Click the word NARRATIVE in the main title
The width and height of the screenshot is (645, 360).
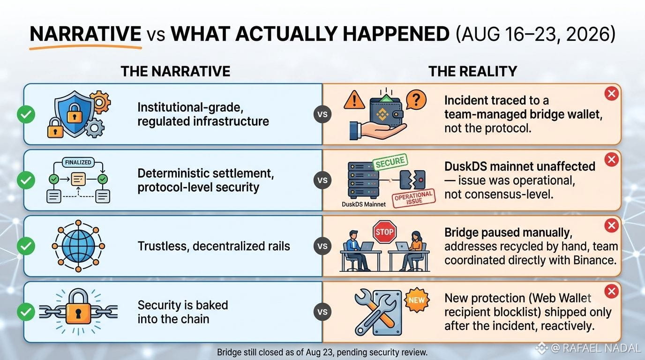click(85, 34)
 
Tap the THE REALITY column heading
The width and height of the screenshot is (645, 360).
click(472, 71)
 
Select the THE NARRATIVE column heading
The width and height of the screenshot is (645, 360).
click(175, 71)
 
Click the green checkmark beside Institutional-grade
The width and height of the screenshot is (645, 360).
click(26, 114)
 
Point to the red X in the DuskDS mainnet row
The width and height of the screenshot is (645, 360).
click(612, 159)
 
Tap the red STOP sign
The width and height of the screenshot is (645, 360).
click(384, 232)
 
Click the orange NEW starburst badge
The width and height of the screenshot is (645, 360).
click(417, 300)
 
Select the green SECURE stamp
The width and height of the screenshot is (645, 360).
click(390, 162)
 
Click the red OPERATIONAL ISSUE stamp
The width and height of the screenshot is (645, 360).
click(414, 198)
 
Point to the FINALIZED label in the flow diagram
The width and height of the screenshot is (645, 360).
click(78, 163)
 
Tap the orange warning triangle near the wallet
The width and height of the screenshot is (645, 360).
click(354, 99)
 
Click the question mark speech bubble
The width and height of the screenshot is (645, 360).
click(416, 100)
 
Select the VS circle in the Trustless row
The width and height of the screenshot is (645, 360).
click(322, 246)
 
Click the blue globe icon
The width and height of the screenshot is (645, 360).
click(78, 246)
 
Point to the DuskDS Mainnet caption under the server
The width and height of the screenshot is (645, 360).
click(364, 204)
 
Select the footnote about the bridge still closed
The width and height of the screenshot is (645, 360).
click(322, 352)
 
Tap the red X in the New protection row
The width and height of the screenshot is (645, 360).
click(612, 292)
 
